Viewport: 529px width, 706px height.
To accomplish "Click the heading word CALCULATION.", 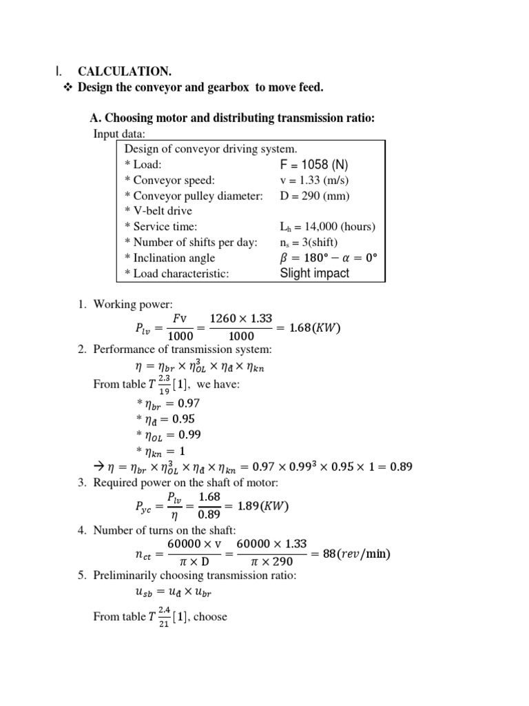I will point(124,71).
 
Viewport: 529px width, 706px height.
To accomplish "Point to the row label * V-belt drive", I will point(158,211).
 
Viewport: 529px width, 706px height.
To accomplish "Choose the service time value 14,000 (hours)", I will point(327,226).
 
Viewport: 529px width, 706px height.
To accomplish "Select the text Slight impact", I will point(314,273).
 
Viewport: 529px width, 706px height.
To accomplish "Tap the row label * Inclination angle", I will point(165,258).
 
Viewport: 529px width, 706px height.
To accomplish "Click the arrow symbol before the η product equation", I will point(97,467).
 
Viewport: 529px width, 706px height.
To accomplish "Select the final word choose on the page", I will point(210,616).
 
